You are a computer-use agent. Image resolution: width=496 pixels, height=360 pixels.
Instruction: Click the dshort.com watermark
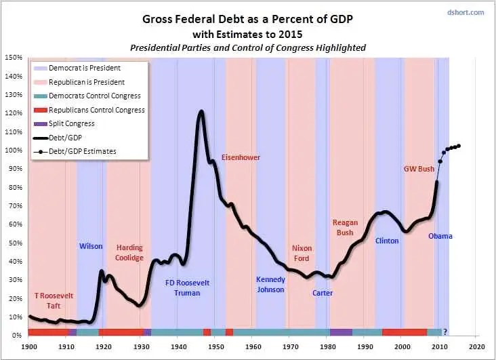467,12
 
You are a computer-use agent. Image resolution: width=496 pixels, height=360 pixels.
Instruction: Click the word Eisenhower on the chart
240,157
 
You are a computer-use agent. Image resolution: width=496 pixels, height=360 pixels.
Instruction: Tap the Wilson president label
91,246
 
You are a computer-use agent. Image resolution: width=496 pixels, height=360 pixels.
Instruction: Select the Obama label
440,236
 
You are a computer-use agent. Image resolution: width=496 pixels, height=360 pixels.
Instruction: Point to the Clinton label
387,240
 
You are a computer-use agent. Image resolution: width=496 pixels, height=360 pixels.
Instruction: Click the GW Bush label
419,169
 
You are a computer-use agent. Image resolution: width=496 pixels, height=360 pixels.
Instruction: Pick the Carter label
323,293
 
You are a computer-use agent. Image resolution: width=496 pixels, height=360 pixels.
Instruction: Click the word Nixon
302,248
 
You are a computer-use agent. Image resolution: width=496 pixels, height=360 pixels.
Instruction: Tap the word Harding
129,248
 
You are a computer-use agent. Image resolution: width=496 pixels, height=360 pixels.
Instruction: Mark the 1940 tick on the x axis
177,346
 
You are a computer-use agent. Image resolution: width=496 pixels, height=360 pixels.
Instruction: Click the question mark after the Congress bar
445,332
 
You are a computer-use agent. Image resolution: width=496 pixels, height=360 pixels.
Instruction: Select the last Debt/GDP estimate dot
459,146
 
